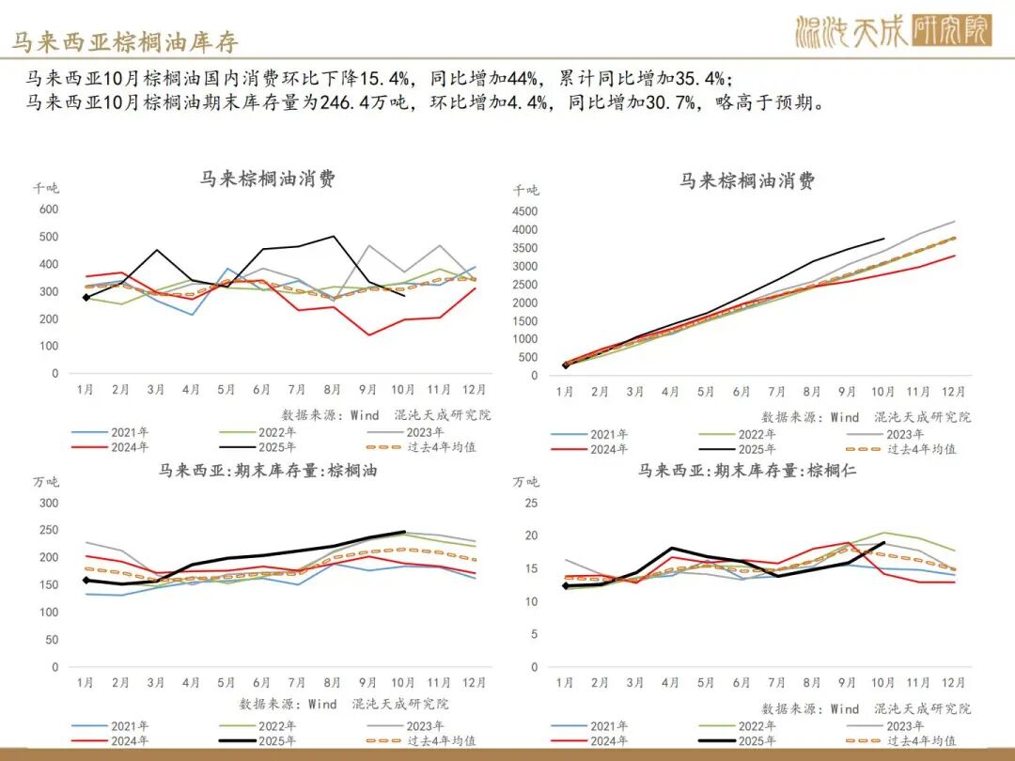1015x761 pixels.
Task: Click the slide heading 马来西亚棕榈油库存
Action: [x=125, y=42]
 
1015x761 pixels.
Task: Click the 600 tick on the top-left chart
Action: [x=48, y=210]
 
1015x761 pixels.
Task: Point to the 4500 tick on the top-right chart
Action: [x=524, y=211]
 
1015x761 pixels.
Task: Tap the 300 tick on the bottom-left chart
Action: [x=47, y=503]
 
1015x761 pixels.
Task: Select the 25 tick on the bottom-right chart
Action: [x=530, y=504]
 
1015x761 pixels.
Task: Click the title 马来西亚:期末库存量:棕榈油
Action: [x=268, y=471]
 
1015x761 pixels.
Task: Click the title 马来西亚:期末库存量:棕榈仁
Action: [x=747, y=471]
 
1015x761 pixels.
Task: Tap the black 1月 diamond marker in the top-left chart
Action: [x=86, y=298]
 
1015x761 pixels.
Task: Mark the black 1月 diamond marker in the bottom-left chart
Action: [x=86, y=581]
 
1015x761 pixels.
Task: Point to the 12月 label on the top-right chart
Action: [x=954, y=392]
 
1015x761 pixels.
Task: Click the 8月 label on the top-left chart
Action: [x=334, y=389]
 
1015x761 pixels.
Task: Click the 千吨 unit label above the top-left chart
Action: [x=46, y=188]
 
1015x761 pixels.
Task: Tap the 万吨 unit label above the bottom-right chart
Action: [x=526, y=482]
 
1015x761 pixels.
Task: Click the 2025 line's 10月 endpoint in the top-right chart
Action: [x=883, y=239]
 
